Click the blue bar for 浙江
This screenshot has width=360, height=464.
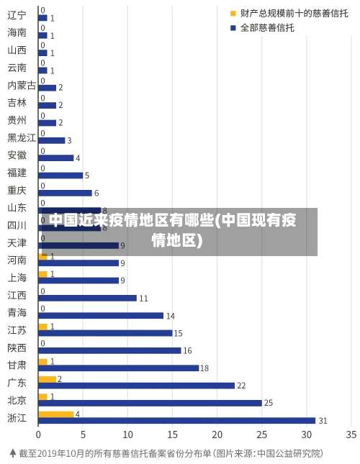(x=176, y=420)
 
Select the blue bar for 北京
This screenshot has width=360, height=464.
(x=150, y=403)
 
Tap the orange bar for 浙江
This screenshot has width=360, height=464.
(x=56, y=414)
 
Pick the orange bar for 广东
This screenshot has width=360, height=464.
(x=47, y=378)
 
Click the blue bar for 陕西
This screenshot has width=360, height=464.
(x=109, y=350)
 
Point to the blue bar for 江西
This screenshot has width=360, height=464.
(x=87, y=298)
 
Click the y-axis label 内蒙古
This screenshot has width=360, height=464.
(x=22, y=85)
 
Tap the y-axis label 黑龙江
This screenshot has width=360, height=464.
(x=22, y=137)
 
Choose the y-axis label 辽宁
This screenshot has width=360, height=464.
(x=17, y=15)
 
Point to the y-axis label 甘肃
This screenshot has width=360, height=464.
(x=17, y=365)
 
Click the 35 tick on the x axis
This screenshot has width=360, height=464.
(x=351, y=435)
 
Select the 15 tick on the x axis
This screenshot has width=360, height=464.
(x=172, y=435)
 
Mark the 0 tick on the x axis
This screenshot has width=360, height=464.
(x=38, y=435)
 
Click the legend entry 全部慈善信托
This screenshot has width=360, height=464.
(x=266, y=28)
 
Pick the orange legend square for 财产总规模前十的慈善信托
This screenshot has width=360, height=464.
(x=233, y=13)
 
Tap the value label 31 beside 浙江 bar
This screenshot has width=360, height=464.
(x=323, y=421)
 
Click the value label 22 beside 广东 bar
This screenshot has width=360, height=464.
(x=242, y=386)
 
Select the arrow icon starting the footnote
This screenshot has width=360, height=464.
(x=12, y=453)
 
